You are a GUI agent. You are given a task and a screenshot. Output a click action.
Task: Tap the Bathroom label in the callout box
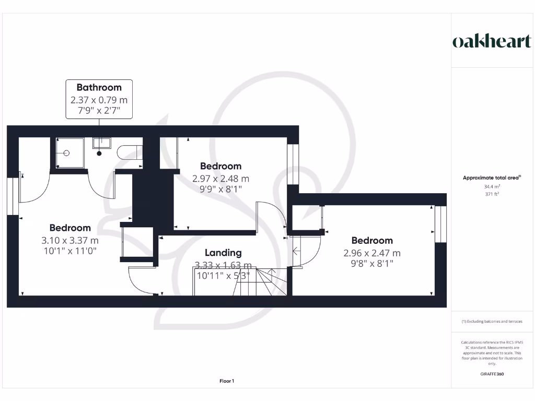99,87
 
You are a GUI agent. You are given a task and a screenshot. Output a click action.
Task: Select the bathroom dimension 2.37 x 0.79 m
99,99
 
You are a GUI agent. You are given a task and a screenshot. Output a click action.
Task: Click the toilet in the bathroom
130,152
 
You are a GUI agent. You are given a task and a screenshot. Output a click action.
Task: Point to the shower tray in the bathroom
67,153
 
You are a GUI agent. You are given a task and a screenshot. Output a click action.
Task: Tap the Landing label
223,252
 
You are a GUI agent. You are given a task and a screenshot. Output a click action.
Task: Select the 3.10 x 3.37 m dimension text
70,240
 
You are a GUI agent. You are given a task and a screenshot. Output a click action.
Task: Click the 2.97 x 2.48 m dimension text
220,179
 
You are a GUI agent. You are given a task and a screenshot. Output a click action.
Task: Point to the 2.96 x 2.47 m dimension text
372,253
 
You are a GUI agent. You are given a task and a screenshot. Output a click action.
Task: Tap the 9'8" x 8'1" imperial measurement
372,264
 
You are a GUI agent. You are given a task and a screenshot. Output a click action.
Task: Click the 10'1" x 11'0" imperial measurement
70,251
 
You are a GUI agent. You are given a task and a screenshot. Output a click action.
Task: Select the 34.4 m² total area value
492,186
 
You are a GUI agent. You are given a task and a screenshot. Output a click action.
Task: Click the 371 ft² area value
492,194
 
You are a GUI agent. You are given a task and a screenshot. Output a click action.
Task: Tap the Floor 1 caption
227,381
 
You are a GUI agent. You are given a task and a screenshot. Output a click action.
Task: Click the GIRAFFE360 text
492,374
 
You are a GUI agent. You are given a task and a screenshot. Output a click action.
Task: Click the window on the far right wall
441,224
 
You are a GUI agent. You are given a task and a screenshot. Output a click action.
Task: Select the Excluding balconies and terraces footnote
492,322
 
